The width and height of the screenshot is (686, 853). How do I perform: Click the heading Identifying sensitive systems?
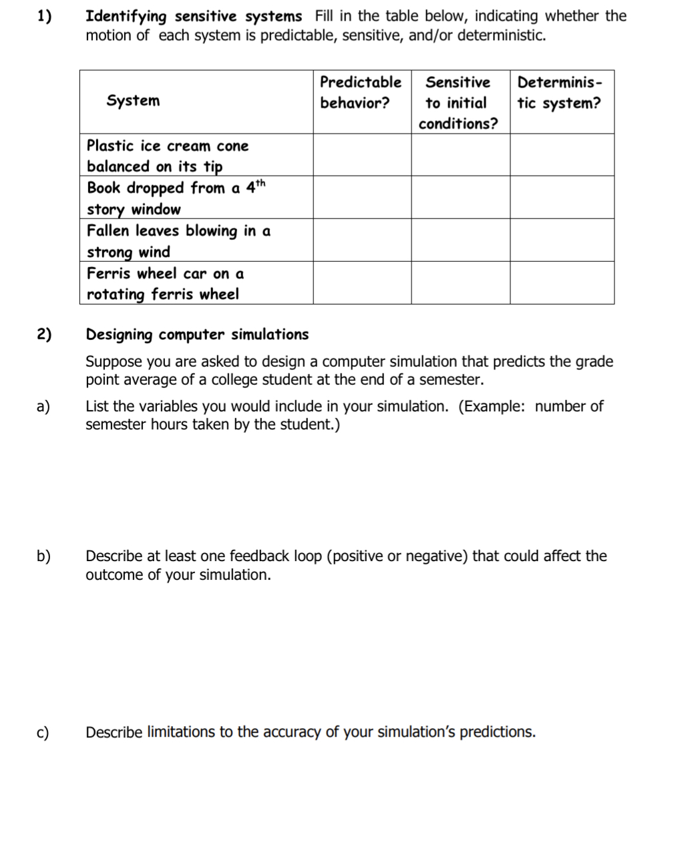pyautogui.click(x=194, y=16)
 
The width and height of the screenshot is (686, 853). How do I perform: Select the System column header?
pyautogui.click(x=133, y=101)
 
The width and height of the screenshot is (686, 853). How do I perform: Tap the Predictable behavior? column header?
pyautogui.click(x=361, y=93)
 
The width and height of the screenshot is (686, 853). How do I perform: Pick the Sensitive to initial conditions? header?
pyautogui.click(x=458, y=103)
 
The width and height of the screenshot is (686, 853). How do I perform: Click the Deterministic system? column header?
pyautogui.click(x=560, y=93)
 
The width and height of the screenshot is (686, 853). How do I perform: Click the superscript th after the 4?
pyautogui.click(x=261, y=183)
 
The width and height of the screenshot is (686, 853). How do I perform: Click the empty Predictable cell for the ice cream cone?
pyautogui.click(x=362, y=155)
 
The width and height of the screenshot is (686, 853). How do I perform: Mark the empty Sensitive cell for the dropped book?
pyautogui.click(x=460, y=198)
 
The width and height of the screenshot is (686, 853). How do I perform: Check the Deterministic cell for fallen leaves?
pyautogui.click(x=562, y=240)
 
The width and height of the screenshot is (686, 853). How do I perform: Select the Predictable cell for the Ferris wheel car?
pyautogui.click(x=362, y=283)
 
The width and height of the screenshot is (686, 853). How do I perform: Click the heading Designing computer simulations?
pyautogui.click(x=197, y=335)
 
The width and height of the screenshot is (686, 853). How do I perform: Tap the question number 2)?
pyautogui.click(x=43, y=335)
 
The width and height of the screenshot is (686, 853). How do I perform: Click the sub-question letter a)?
pyautogui.click(x=43, y=407)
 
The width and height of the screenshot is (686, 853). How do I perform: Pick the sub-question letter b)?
pyautogui.click(x=43, y=556)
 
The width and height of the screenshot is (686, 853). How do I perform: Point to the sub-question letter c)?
pyautogui.click(x=43, y=733)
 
